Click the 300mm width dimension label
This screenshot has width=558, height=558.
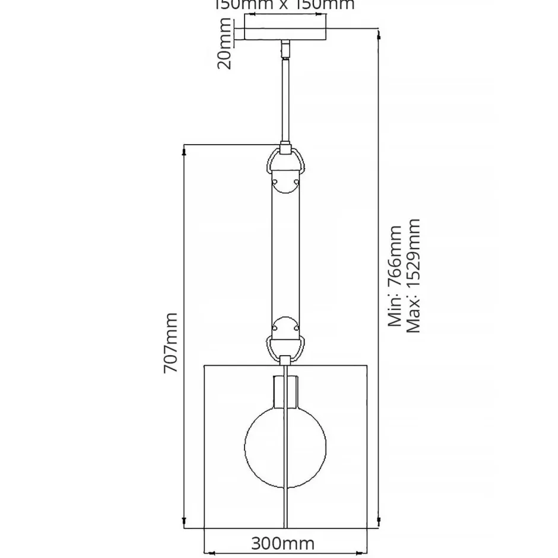(282, 544)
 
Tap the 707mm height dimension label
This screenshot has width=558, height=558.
(171, 342)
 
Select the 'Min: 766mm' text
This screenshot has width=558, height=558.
(395, 276)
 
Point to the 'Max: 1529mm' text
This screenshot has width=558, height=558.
(414, 276)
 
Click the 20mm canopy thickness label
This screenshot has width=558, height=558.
(224, 43)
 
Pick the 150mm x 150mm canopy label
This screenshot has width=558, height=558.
(284, 5)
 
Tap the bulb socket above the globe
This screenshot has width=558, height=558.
(286, 393)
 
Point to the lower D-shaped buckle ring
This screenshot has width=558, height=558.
(286, 345)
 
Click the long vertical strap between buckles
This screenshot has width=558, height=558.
(286, 255)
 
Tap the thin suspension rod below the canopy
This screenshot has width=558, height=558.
(286, 101)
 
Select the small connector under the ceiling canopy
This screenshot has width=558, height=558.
(286, 48)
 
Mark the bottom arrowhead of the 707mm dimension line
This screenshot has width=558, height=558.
(186, 524)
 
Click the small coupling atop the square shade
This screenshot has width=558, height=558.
(286, 360)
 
